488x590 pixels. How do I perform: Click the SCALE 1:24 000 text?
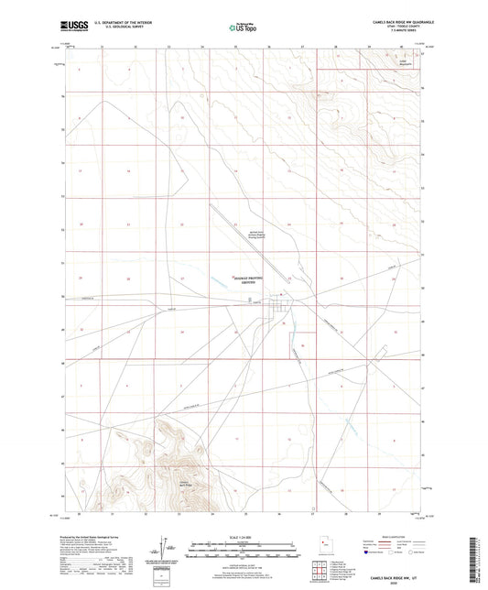tap(244, 536)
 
